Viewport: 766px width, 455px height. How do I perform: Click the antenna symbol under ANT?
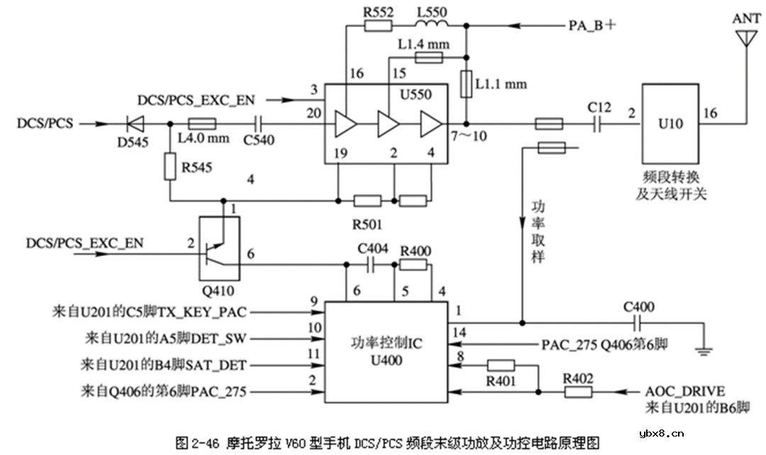(x=744, y=40)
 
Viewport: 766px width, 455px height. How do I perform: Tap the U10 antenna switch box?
(x=670, y=123)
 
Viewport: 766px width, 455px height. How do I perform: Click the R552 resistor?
(x=377, y=26)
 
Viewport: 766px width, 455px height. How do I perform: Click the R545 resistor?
(x=170, y=167)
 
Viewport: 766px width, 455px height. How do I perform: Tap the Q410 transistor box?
(x=218, y=248)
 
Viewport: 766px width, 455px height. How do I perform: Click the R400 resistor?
(x=413, y=265)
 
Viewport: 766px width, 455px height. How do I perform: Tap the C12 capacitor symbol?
(x=599, y=124)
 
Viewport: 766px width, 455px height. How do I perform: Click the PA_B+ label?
(x=592, y=26)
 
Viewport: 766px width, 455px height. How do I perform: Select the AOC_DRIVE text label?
(x=684, y=391)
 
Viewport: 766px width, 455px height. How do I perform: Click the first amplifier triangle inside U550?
(x=346, y=124)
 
